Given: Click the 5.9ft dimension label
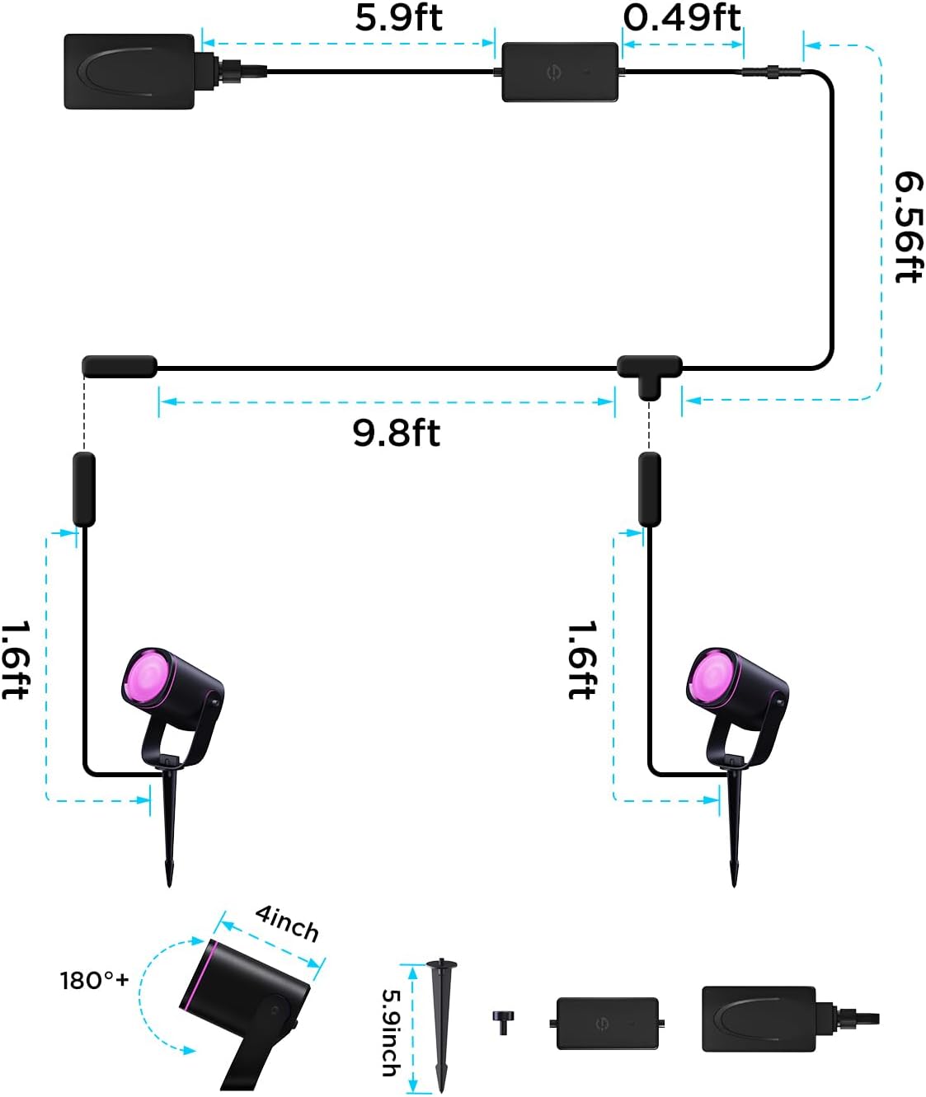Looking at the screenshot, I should (x=398, y=18).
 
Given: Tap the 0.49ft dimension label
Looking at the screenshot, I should (x=682, y=18).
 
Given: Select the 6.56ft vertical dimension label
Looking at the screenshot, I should (x=908, y=227).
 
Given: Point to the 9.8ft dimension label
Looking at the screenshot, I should (x=397, y=433).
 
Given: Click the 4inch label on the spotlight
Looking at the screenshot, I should (x=287, y=923).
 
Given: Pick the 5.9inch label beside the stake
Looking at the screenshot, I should (x=390, y=1032).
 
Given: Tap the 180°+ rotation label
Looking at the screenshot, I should (x=94, y=980).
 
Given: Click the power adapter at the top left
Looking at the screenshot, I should (x=129, y=71).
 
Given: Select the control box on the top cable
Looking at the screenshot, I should (x=560, y=73).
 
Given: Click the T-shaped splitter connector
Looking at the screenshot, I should (x=650, y=372).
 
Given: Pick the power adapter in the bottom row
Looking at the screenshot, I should (x=759, y=1019).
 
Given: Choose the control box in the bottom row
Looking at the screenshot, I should (x=608, y=1023).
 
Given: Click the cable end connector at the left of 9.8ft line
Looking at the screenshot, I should (x=120, y=367).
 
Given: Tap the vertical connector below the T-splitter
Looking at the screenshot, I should (x=650, y=489).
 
